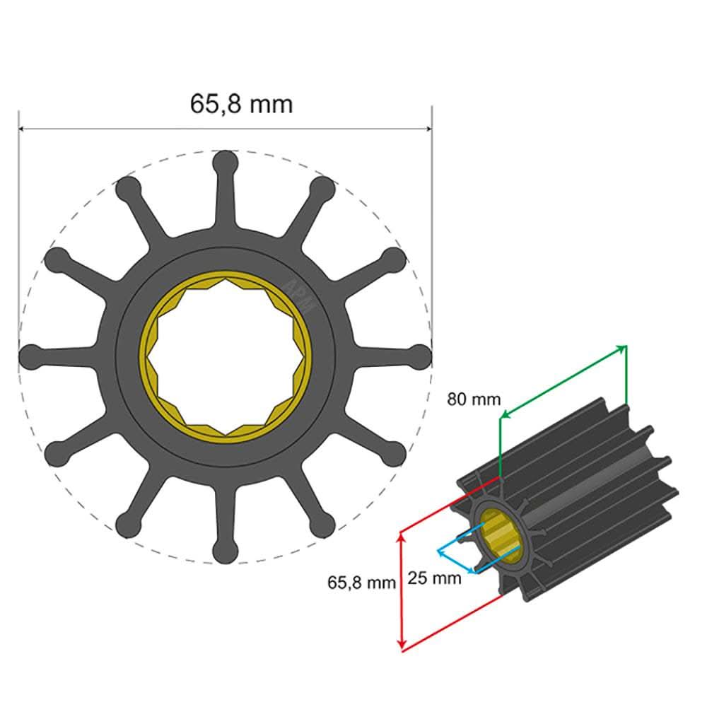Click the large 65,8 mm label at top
point(240,104)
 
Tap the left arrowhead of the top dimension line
point(22,129)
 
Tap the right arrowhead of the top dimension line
point(428,129)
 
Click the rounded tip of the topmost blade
point(225,162)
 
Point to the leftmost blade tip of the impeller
point(30,356)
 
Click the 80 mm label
point(473,399)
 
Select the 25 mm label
point(435,578)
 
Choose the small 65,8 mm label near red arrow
point(361,583)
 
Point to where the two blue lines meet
point(438,549)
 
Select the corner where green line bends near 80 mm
point(500,419)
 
